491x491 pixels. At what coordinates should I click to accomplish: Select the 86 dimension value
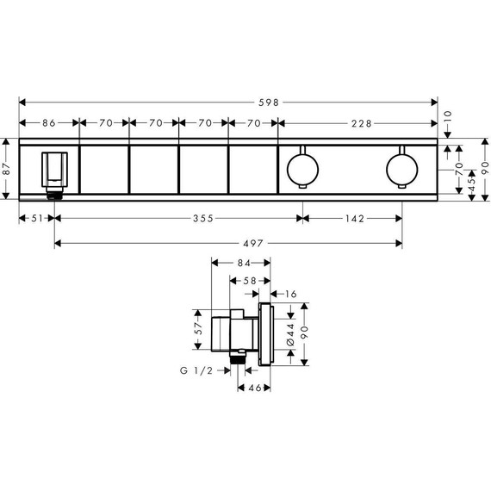coord(48,123)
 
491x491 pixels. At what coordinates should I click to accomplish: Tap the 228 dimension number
coord(362,123)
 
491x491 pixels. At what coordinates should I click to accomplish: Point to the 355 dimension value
coord(178,219)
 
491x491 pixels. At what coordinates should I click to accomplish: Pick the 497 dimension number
coord(227,244)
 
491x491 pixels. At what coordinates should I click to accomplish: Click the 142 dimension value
coord(352,219)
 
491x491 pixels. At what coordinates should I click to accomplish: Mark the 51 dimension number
coord(35,219)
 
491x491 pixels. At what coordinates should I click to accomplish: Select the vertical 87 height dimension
coord(6,170)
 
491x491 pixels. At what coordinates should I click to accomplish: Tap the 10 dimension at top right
coord(448,114)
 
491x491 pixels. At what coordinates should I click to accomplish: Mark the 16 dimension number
coord(292,295)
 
